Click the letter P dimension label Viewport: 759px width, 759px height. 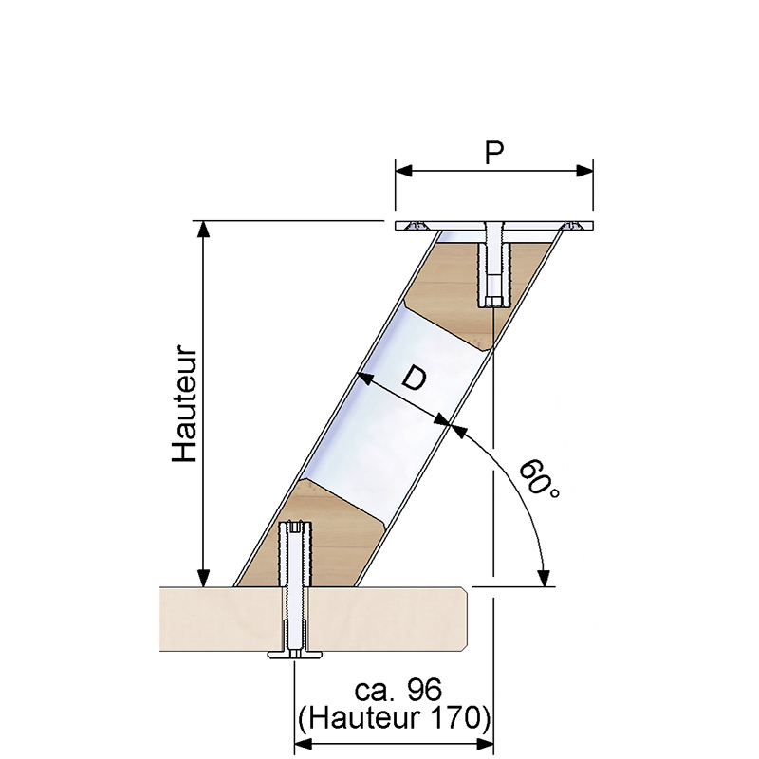[x=493, y=153]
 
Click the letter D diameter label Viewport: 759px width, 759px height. [x=414, y=378]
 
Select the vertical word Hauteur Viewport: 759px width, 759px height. [x=186, y=403]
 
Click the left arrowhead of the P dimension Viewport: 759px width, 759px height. [x=404, y=171]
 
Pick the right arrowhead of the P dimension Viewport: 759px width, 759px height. [x=584, y=171]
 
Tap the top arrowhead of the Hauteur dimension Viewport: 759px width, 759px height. [x=204, y=230]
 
